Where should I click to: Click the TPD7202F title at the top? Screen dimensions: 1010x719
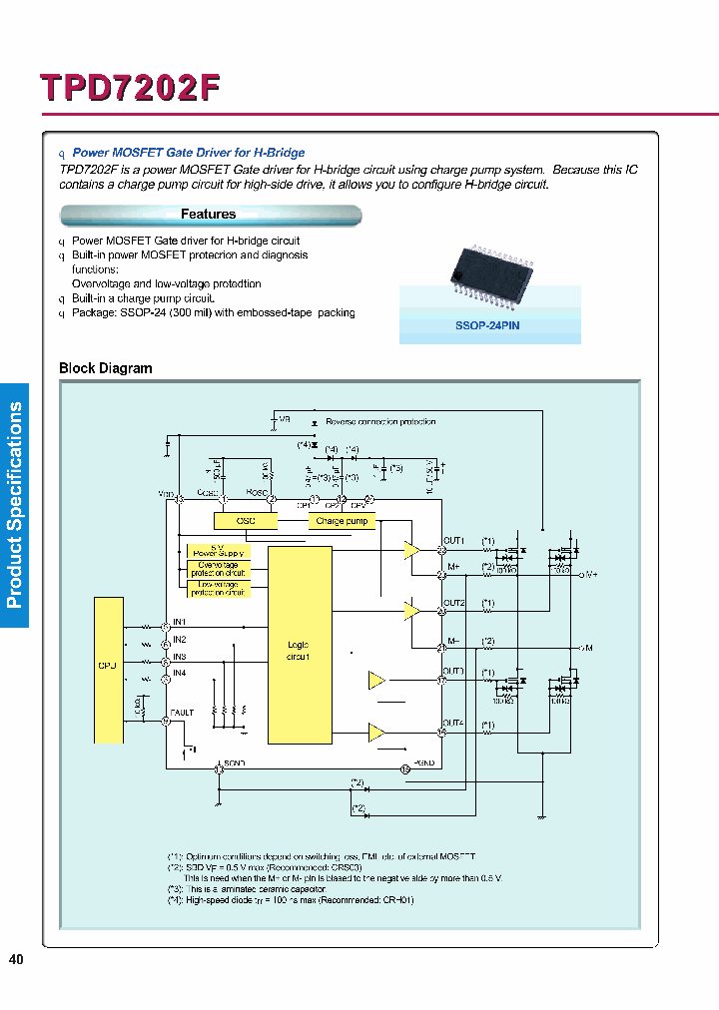click(x=130, y=88)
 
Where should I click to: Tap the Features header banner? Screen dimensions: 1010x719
click(x=210, y=215)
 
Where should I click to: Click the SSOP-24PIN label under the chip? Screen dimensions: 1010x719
click(x=488, y=325)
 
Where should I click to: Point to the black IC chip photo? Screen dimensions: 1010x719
click(x=487, y=268)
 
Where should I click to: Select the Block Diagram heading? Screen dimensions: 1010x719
click(x=106, y=368)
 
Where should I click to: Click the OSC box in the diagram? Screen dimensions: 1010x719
click(x=245, y=521)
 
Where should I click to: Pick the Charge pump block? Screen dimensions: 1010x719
click(x=342, y=521)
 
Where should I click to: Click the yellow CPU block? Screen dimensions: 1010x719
click(x=108, y=669)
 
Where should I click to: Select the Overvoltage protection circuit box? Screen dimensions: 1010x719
click(x=218, y=569)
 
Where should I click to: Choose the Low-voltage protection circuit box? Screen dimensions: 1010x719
click(x=218, y=588)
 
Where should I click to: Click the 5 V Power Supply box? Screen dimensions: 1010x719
click(x=218, y=550)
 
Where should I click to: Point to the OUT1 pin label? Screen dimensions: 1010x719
click(x=454, y=541)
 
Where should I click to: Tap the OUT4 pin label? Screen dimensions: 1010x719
click(x=453, y=723)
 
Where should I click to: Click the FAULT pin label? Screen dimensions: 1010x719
click(x=183, y=713)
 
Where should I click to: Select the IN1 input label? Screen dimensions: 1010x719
click(x=180, y=622)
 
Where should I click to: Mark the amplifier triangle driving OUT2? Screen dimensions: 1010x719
click(x=410, y=609)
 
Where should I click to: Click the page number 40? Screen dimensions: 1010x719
click(x=16, y=960)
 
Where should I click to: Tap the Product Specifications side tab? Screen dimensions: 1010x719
click(x=15, y=504)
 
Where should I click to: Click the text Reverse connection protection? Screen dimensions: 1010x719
click(x=380, y=422)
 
